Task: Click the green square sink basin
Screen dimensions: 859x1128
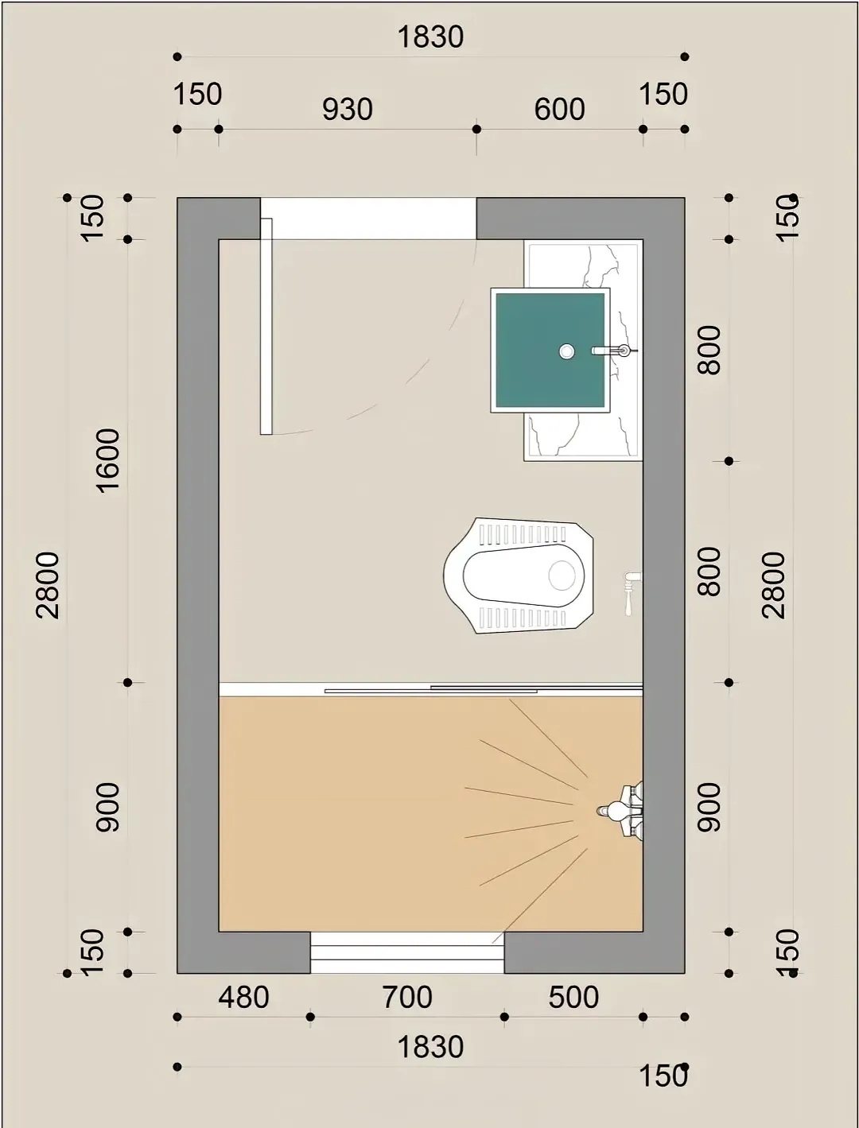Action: tap(550, 350)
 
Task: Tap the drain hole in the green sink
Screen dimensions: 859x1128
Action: tap(566, 351)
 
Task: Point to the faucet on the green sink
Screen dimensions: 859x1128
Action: tap(613, 351)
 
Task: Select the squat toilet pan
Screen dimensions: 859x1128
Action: tap(518, 576)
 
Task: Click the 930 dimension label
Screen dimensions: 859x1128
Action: tap(348, 110)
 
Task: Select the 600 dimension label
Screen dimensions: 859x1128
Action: tap(559, 110)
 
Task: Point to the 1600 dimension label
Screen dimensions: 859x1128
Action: tap(108, 460)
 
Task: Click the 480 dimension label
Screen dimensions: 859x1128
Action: tap(243, 998)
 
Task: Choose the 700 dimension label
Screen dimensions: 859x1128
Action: tap(407, 998)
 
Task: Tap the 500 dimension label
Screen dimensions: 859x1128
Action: tap(573, 998)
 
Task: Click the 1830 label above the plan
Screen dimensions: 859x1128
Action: tap(431, 37)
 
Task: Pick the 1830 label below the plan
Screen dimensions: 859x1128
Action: tap(431, 1048)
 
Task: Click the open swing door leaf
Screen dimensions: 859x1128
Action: tap(266, 326)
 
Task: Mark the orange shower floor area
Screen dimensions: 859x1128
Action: tap(431, 814)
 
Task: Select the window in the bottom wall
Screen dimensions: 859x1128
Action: tap(407, 952)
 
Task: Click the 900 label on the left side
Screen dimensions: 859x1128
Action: tap(108, 808)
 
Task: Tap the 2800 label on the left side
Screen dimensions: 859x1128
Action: tap(49, 585)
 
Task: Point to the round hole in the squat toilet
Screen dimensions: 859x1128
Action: tap(562, 575)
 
